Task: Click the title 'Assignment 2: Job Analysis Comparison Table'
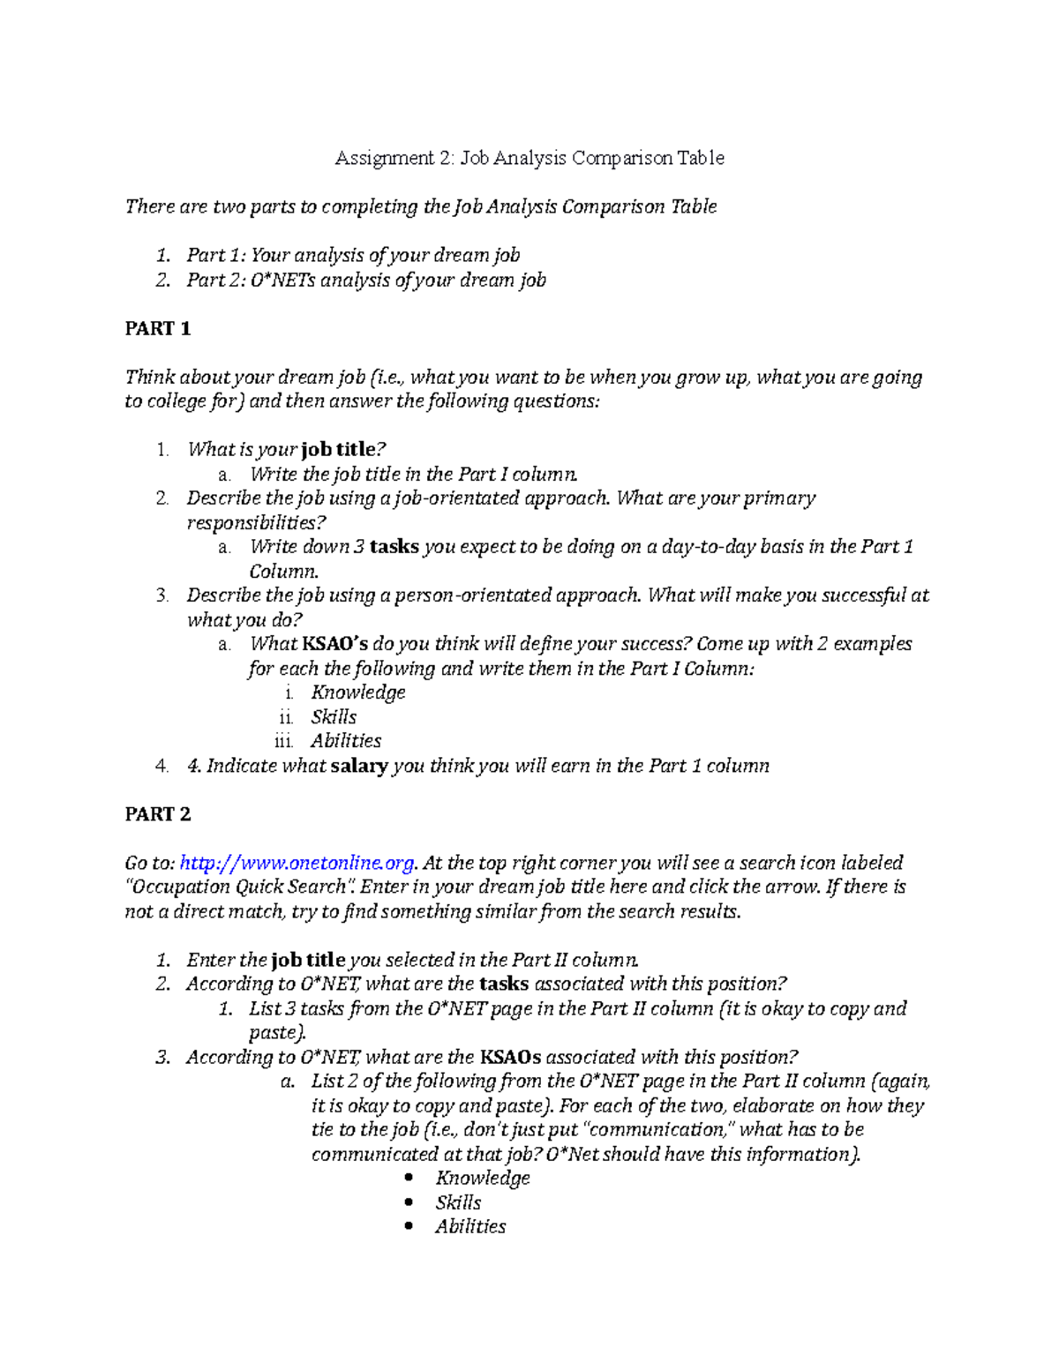(x=529, y=159)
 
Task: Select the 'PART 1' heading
(x=158, y=329)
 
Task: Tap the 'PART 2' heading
(x=158, y=814)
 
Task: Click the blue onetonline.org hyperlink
(x=297, y=863)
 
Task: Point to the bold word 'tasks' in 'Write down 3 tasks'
(x=394, y=547)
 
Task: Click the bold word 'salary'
(x=359, y=766)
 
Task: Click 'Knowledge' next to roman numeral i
(x=358, y=692)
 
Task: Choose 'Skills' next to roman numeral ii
(x=334, y=717)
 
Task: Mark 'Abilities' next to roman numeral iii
(x=346, y=741)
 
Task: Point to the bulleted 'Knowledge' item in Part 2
(x=483, y=1178)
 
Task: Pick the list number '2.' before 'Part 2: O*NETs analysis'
(x=161, y=281)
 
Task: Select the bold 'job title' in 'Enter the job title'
(x=308, y=960)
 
